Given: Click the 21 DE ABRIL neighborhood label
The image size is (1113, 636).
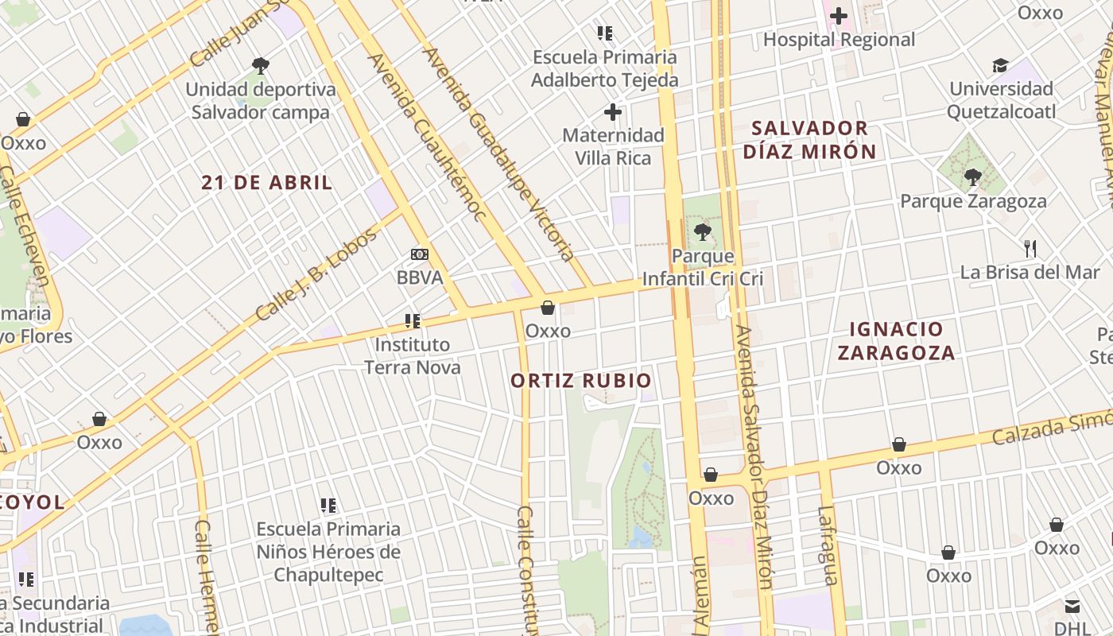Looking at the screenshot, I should pyautogui.click(x=266, y=183).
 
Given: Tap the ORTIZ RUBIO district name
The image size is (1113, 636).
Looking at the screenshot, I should pyautogui.click(x=580, y=381).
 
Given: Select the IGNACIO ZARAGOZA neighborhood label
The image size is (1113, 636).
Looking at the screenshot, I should pyautogui.click(x=896, y=341).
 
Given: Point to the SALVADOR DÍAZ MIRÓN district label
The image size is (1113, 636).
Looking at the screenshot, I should pyautogui.click(x=809, y=140).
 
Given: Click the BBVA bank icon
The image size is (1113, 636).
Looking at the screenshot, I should pyautogui.click(x=419, y=254).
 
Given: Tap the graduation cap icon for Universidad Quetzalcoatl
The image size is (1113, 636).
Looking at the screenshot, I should pyautogui.click(x=1000, y=65).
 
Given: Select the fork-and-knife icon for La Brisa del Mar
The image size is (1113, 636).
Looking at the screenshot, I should pyautogui.click(x=1030, y=248).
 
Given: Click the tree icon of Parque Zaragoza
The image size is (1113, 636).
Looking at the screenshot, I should pyautogui.click(x=972, y=177).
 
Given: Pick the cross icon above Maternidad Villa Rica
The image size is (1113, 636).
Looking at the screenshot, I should pyautogui.click(x=613, y=112).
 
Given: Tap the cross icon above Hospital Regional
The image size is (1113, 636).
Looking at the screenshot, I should pyautogui.click(x=839, y=15).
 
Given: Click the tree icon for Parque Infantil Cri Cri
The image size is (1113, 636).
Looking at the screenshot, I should pyautogui.click(x=702, y=232).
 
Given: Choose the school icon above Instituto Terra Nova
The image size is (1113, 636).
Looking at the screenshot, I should pyautogui.click(x=412, y=321).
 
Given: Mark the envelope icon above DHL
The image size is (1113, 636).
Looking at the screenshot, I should pyautogui.click(x=1072, y=607).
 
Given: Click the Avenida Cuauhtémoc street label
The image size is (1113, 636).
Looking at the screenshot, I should pyautogui.click(x=425, y=138).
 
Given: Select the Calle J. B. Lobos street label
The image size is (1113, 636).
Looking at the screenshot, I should pyautogui.click(x=316, y=274).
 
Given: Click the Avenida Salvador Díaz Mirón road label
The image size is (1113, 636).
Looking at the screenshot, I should pyautogui.click(x=753, y=456).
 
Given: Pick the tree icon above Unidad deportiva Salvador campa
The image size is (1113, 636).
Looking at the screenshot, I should pyautogui.click(x=260, y=65).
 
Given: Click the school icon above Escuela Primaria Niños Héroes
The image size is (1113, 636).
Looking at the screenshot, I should pyautogui.click(x=328, y=505).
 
